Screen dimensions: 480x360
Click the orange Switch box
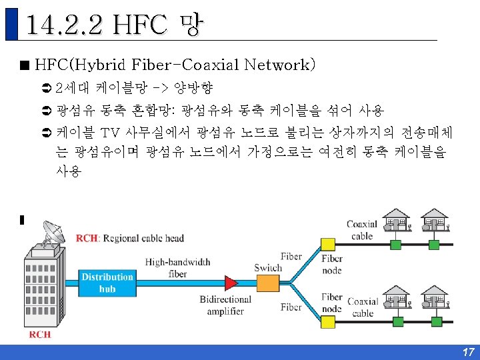[x=268, y=283]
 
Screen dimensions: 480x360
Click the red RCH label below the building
[x=40, y=335]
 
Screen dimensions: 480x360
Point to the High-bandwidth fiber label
[x=177, y=268]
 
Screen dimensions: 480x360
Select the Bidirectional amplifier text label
[x=225, y=306]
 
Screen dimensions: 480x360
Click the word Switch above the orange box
[x=268, y=268]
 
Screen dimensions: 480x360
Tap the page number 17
[x=468, y=352]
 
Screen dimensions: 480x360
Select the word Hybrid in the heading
[x=105, y=65]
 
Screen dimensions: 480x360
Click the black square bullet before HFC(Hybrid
[x=25, y=65]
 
